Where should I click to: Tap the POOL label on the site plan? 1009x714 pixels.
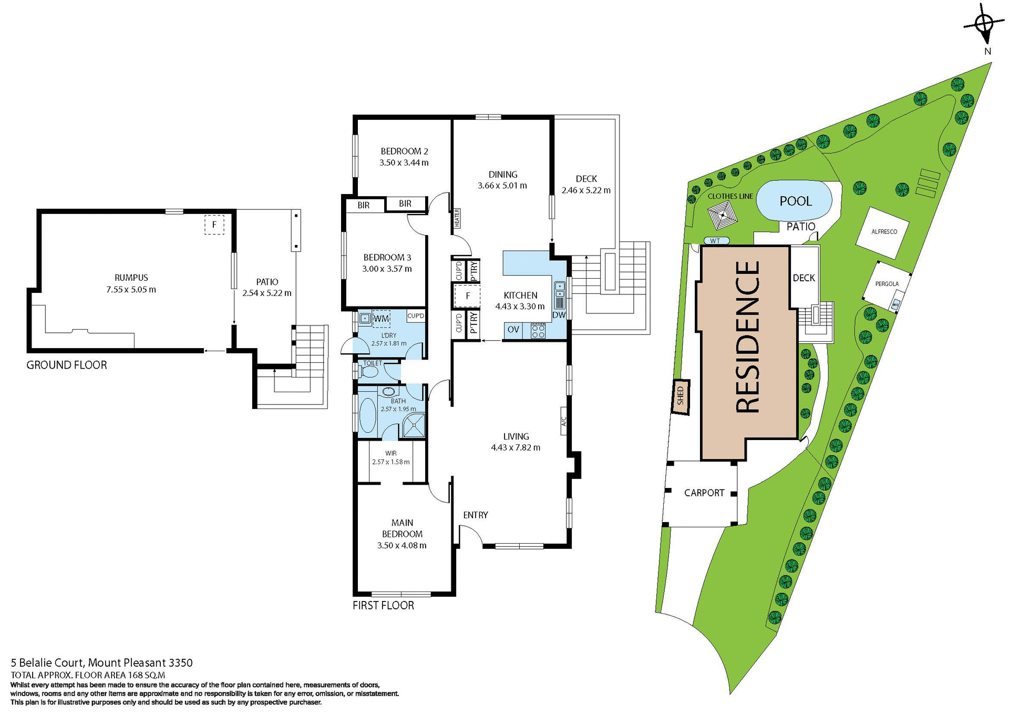pos(796,201)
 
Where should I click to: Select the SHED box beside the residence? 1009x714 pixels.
pos(681,396)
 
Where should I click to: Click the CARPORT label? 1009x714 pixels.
pos(704,493)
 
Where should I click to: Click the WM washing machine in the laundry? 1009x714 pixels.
pos(382,319)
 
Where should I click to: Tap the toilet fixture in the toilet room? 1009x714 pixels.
pos(369,372)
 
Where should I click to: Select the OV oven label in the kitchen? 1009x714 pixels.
pos(513,330)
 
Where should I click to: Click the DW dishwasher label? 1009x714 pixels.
pos(559,315)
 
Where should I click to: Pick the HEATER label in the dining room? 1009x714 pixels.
pos(457,218)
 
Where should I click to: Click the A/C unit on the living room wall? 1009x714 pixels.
pos(563,421)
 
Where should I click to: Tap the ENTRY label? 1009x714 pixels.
pos(476,515)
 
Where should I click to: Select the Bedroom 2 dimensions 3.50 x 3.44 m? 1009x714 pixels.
pos(404,163)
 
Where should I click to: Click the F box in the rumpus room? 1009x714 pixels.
pos(214,225)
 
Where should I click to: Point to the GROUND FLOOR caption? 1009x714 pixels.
pos(67,365)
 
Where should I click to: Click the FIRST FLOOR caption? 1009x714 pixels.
pos(383,605)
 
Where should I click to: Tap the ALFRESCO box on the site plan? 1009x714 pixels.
pos(884,232)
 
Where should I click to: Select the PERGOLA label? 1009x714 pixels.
pos(887,284)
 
